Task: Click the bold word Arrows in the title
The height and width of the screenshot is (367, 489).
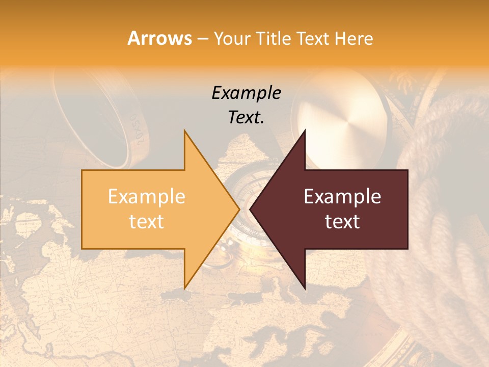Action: tap(159, 38)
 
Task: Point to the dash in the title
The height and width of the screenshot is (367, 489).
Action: tap(202, 39)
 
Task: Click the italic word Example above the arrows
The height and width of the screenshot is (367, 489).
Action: tap(246, 93)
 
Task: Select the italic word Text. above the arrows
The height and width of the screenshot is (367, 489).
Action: tap(246, 117)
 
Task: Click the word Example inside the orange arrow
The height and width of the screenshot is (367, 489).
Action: tap(147, 196)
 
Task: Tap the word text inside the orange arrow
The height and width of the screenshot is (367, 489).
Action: tap(147, 221)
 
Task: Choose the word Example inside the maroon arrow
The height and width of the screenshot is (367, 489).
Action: tap(342, 196)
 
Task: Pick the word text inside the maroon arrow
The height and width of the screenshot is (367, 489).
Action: tap(342, 221)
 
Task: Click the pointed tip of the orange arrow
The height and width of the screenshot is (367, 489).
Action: tap(239, 209)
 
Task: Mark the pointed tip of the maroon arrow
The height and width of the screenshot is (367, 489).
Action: tap(250, 209)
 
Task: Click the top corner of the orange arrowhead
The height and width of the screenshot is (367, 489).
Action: tap(184, 131)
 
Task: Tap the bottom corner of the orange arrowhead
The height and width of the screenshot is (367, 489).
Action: tap(184, 288)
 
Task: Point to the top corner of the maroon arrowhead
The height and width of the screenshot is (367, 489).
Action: tap(305, 131)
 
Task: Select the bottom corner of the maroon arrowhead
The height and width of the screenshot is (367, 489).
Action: tap(305, 289)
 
